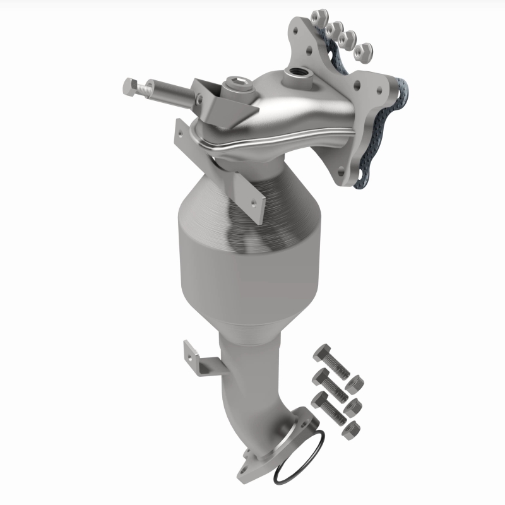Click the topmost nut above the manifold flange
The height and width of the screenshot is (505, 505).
[320, 13]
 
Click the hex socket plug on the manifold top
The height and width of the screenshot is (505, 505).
[234, 83]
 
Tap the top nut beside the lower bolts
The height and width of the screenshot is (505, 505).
[355, 383]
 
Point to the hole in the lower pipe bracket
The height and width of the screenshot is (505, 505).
[190, 349]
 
